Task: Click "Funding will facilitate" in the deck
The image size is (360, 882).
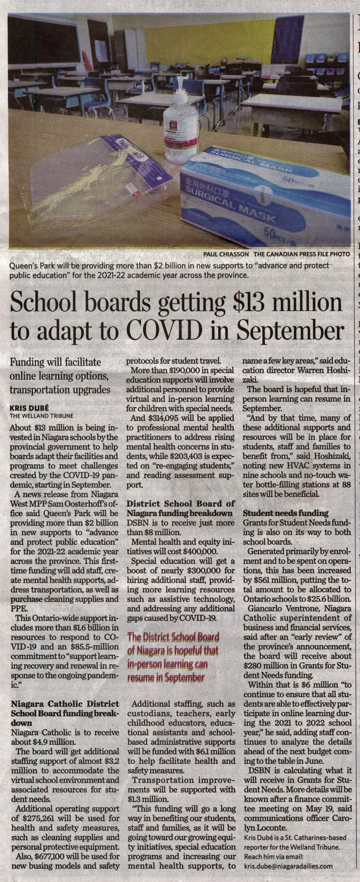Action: pyautogui.click(x=56, y=362)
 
